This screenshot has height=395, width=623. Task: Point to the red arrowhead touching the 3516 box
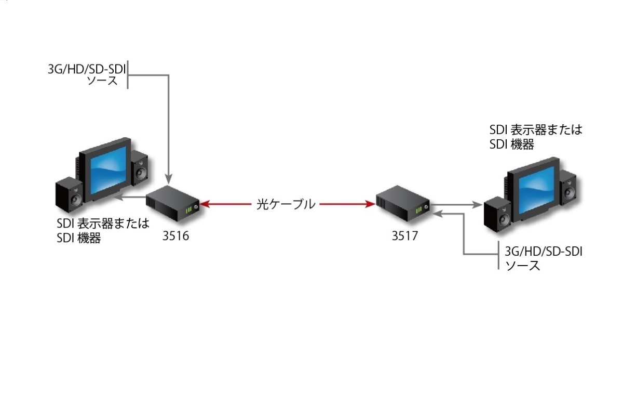[205, 205]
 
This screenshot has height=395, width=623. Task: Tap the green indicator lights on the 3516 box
[189, 209]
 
